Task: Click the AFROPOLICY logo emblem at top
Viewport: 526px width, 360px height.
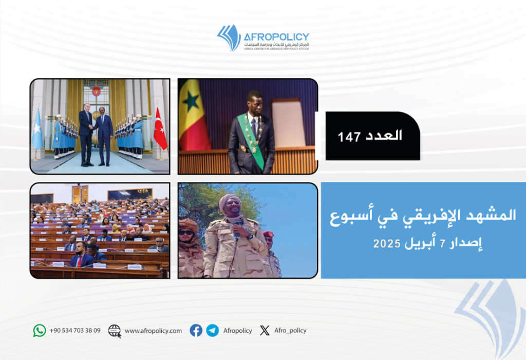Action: (x=229, y=37)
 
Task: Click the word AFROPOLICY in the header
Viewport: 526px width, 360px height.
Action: (x=276, y=37)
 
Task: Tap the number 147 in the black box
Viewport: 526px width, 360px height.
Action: (x=349, y=137)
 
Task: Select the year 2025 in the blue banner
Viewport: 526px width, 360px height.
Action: (x=387, y=243)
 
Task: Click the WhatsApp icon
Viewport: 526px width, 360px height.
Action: (x=40, y=331)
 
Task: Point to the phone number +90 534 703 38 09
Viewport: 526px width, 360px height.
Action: (x=75, y=331)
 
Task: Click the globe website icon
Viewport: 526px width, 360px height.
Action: (x=115, y=331)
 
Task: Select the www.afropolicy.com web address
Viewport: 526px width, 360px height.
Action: (x=153, y=331)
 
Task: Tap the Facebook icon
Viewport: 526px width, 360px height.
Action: (x=196, y=331)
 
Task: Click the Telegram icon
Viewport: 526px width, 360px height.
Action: (x=212, y=331)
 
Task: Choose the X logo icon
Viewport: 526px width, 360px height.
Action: (x=265, y=331)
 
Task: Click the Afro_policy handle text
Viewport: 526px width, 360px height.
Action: (x=291, y=331)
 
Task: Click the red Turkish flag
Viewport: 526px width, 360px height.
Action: (x=160, y=129)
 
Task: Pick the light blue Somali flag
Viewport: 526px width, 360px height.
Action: (x=37, y=129)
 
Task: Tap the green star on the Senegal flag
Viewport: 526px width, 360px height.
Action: (x=191, y=101)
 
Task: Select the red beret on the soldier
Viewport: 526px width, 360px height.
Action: (x=268, y=234)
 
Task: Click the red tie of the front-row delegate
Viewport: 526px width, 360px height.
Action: (x=79, y=261)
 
